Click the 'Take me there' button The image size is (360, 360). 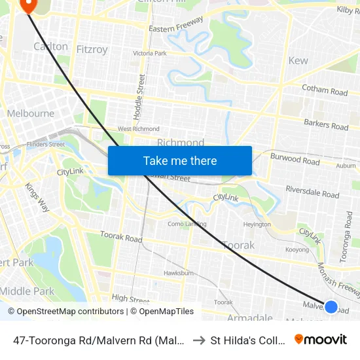pyautogui.click(x=179, y=160)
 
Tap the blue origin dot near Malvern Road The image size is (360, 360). pyautogui.click(x=331, y=306)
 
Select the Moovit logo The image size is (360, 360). pyautogui.click(x=321, y=339)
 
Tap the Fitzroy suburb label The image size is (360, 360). pyautogui.click(x=92, y=48)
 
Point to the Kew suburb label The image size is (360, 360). pyautogui.click(x=298, y=60)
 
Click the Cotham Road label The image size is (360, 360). pyautogui.click(x=324, y=90)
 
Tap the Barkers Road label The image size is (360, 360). pyautogui.click(x=326, y=124)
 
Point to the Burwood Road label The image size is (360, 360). pyautogui.click(x=295, y=160)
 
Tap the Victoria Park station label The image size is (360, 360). pyautogui.click(x=149, y=53)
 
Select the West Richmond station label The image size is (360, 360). pyautogui.click(x=138, y=130)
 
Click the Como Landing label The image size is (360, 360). pyautogui.click(x=187, y=224)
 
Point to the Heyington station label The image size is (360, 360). pyautogui.click(x=257, y=224)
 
